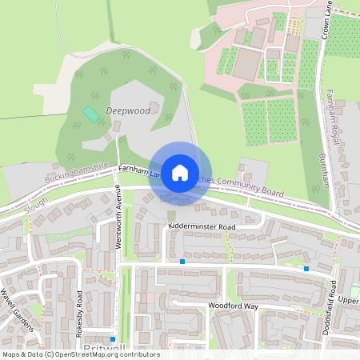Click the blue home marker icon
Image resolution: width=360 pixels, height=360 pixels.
180,172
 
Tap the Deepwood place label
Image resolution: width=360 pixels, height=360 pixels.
127,111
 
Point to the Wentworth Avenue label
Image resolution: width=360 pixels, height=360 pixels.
117,217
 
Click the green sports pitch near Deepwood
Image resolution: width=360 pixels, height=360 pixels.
92,114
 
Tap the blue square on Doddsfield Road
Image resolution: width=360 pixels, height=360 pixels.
306,269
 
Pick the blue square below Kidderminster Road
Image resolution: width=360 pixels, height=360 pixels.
182,261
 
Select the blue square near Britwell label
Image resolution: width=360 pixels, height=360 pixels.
114,339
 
